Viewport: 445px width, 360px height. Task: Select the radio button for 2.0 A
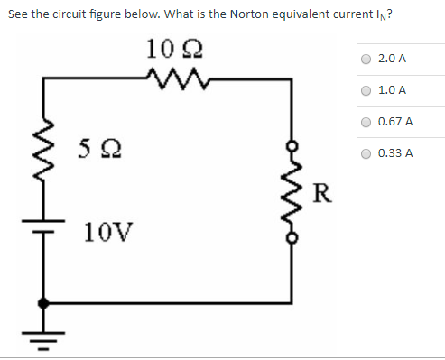tap(366, 59)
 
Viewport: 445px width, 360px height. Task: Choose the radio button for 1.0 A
tap(366, 90)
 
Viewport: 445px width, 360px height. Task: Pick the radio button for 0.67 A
tap(366, 122)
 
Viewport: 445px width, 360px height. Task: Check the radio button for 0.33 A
tap(366, 153)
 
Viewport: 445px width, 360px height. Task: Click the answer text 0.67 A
tap(395, 122)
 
